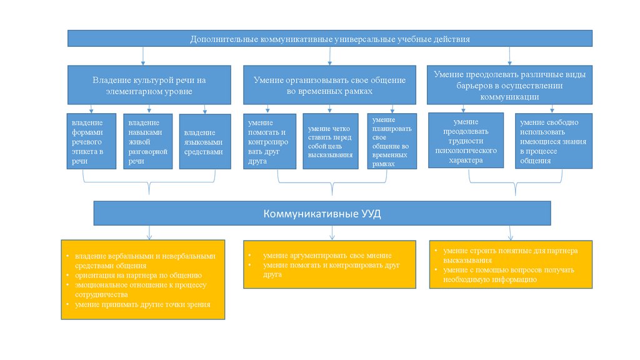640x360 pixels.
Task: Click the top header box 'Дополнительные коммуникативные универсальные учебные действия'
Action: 330,39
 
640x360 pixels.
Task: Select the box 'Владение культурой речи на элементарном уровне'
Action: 149,86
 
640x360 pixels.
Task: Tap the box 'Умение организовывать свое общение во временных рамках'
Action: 329,86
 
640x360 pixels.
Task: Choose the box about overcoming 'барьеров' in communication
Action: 509,86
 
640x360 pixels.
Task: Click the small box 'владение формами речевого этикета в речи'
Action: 92,141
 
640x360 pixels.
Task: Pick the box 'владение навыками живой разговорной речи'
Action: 147,141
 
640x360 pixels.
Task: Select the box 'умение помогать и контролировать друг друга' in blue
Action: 269,141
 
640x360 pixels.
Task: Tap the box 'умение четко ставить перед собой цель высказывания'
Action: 331,141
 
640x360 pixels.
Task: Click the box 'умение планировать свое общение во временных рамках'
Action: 392,141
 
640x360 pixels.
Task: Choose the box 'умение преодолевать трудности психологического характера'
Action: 466,141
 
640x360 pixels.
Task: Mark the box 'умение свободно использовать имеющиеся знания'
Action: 553,141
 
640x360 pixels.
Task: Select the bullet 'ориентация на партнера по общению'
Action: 138,275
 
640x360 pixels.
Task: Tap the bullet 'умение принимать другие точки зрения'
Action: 142,304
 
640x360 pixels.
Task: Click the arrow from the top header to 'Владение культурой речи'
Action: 144,56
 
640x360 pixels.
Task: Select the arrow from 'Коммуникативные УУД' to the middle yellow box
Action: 331,232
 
